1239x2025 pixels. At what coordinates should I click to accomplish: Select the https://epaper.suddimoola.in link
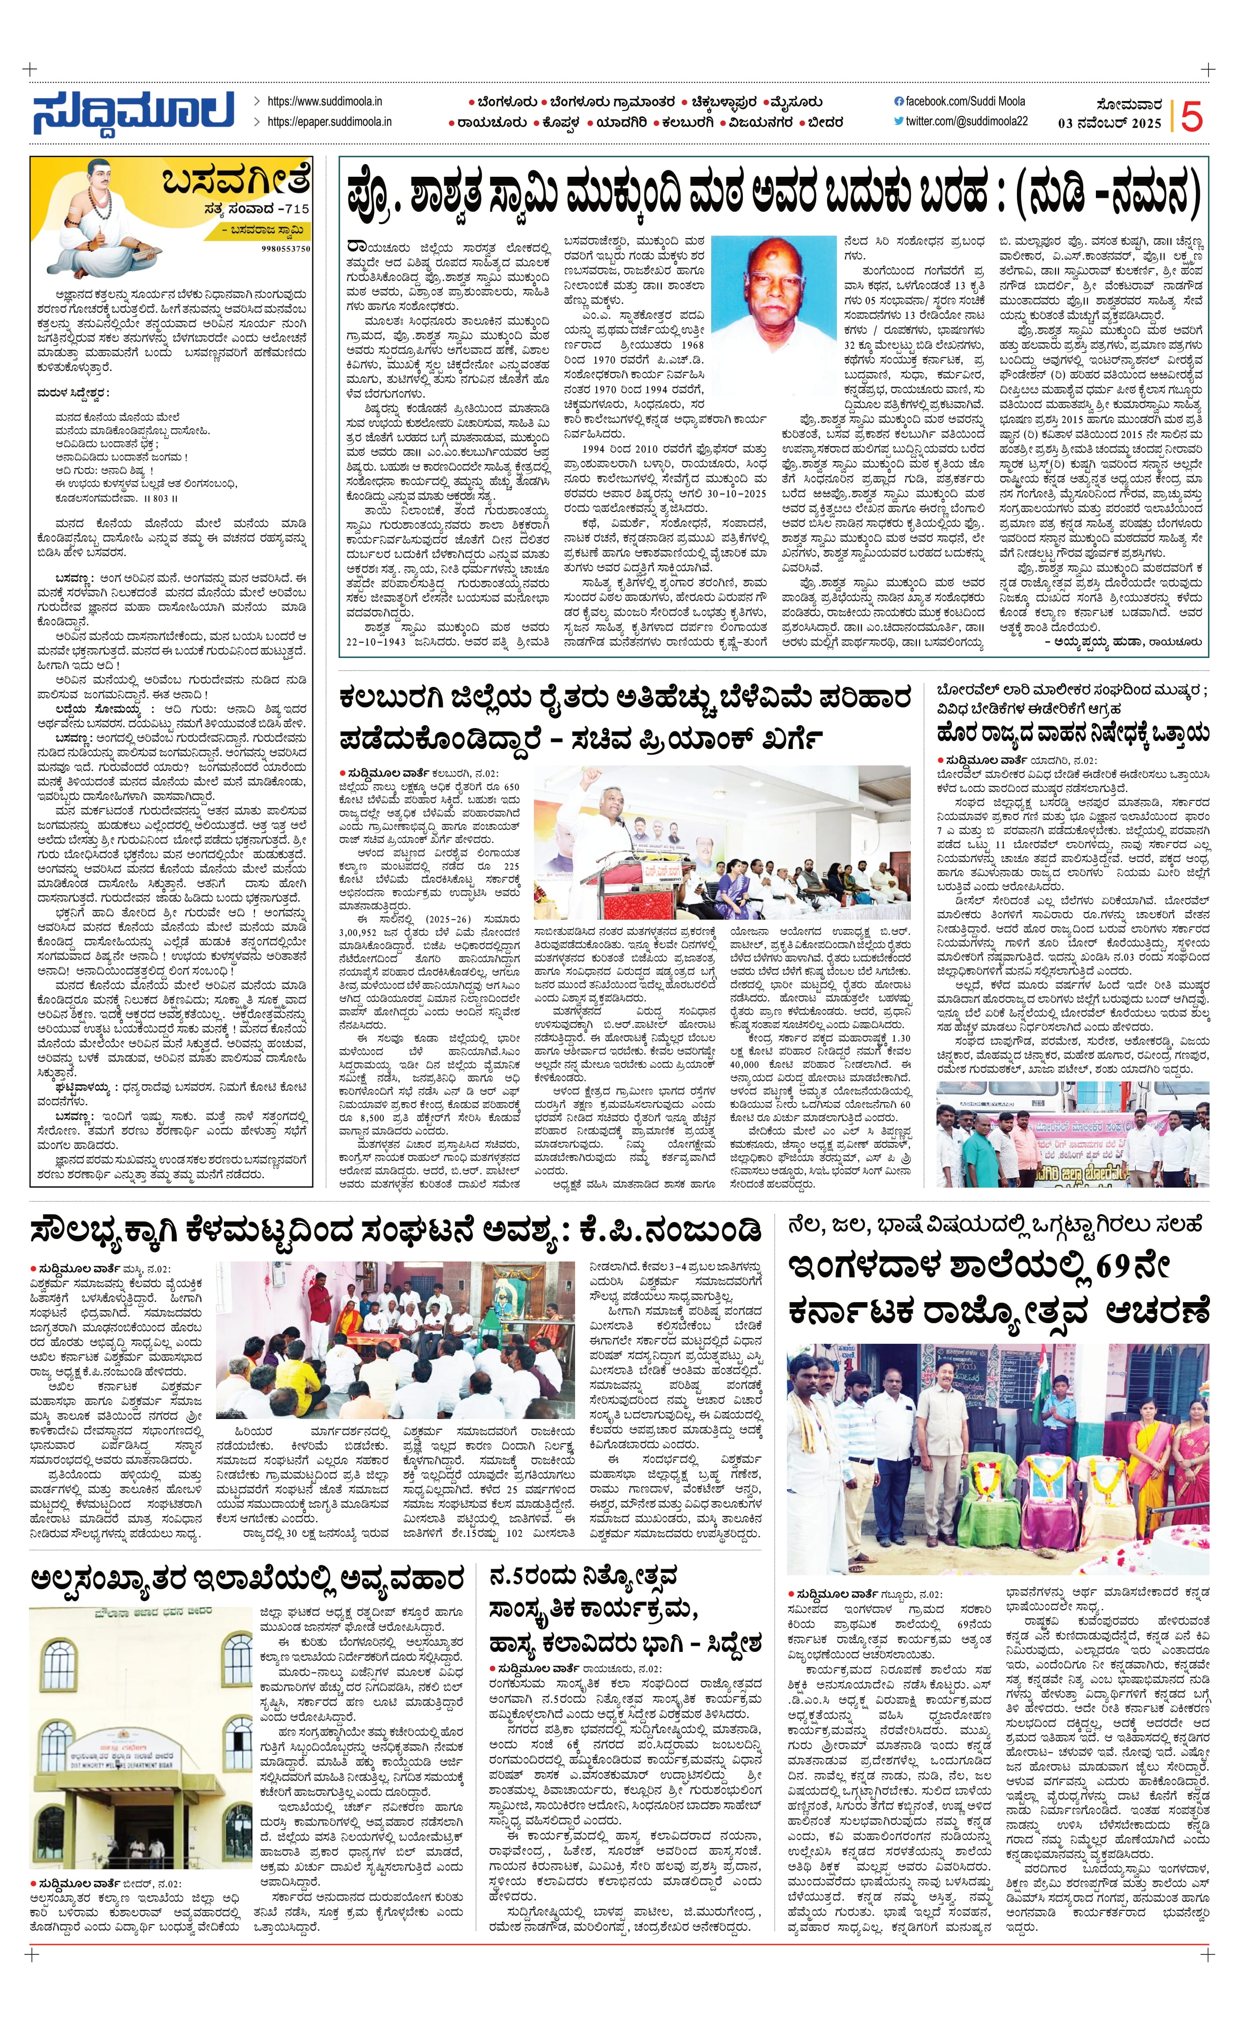(x=329, y=122)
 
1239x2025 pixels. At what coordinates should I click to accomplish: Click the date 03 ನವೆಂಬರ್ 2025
(x=1109, y=123)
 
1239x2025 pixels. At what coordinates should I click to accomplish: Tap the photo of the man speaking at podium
(x=721, y=831)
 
